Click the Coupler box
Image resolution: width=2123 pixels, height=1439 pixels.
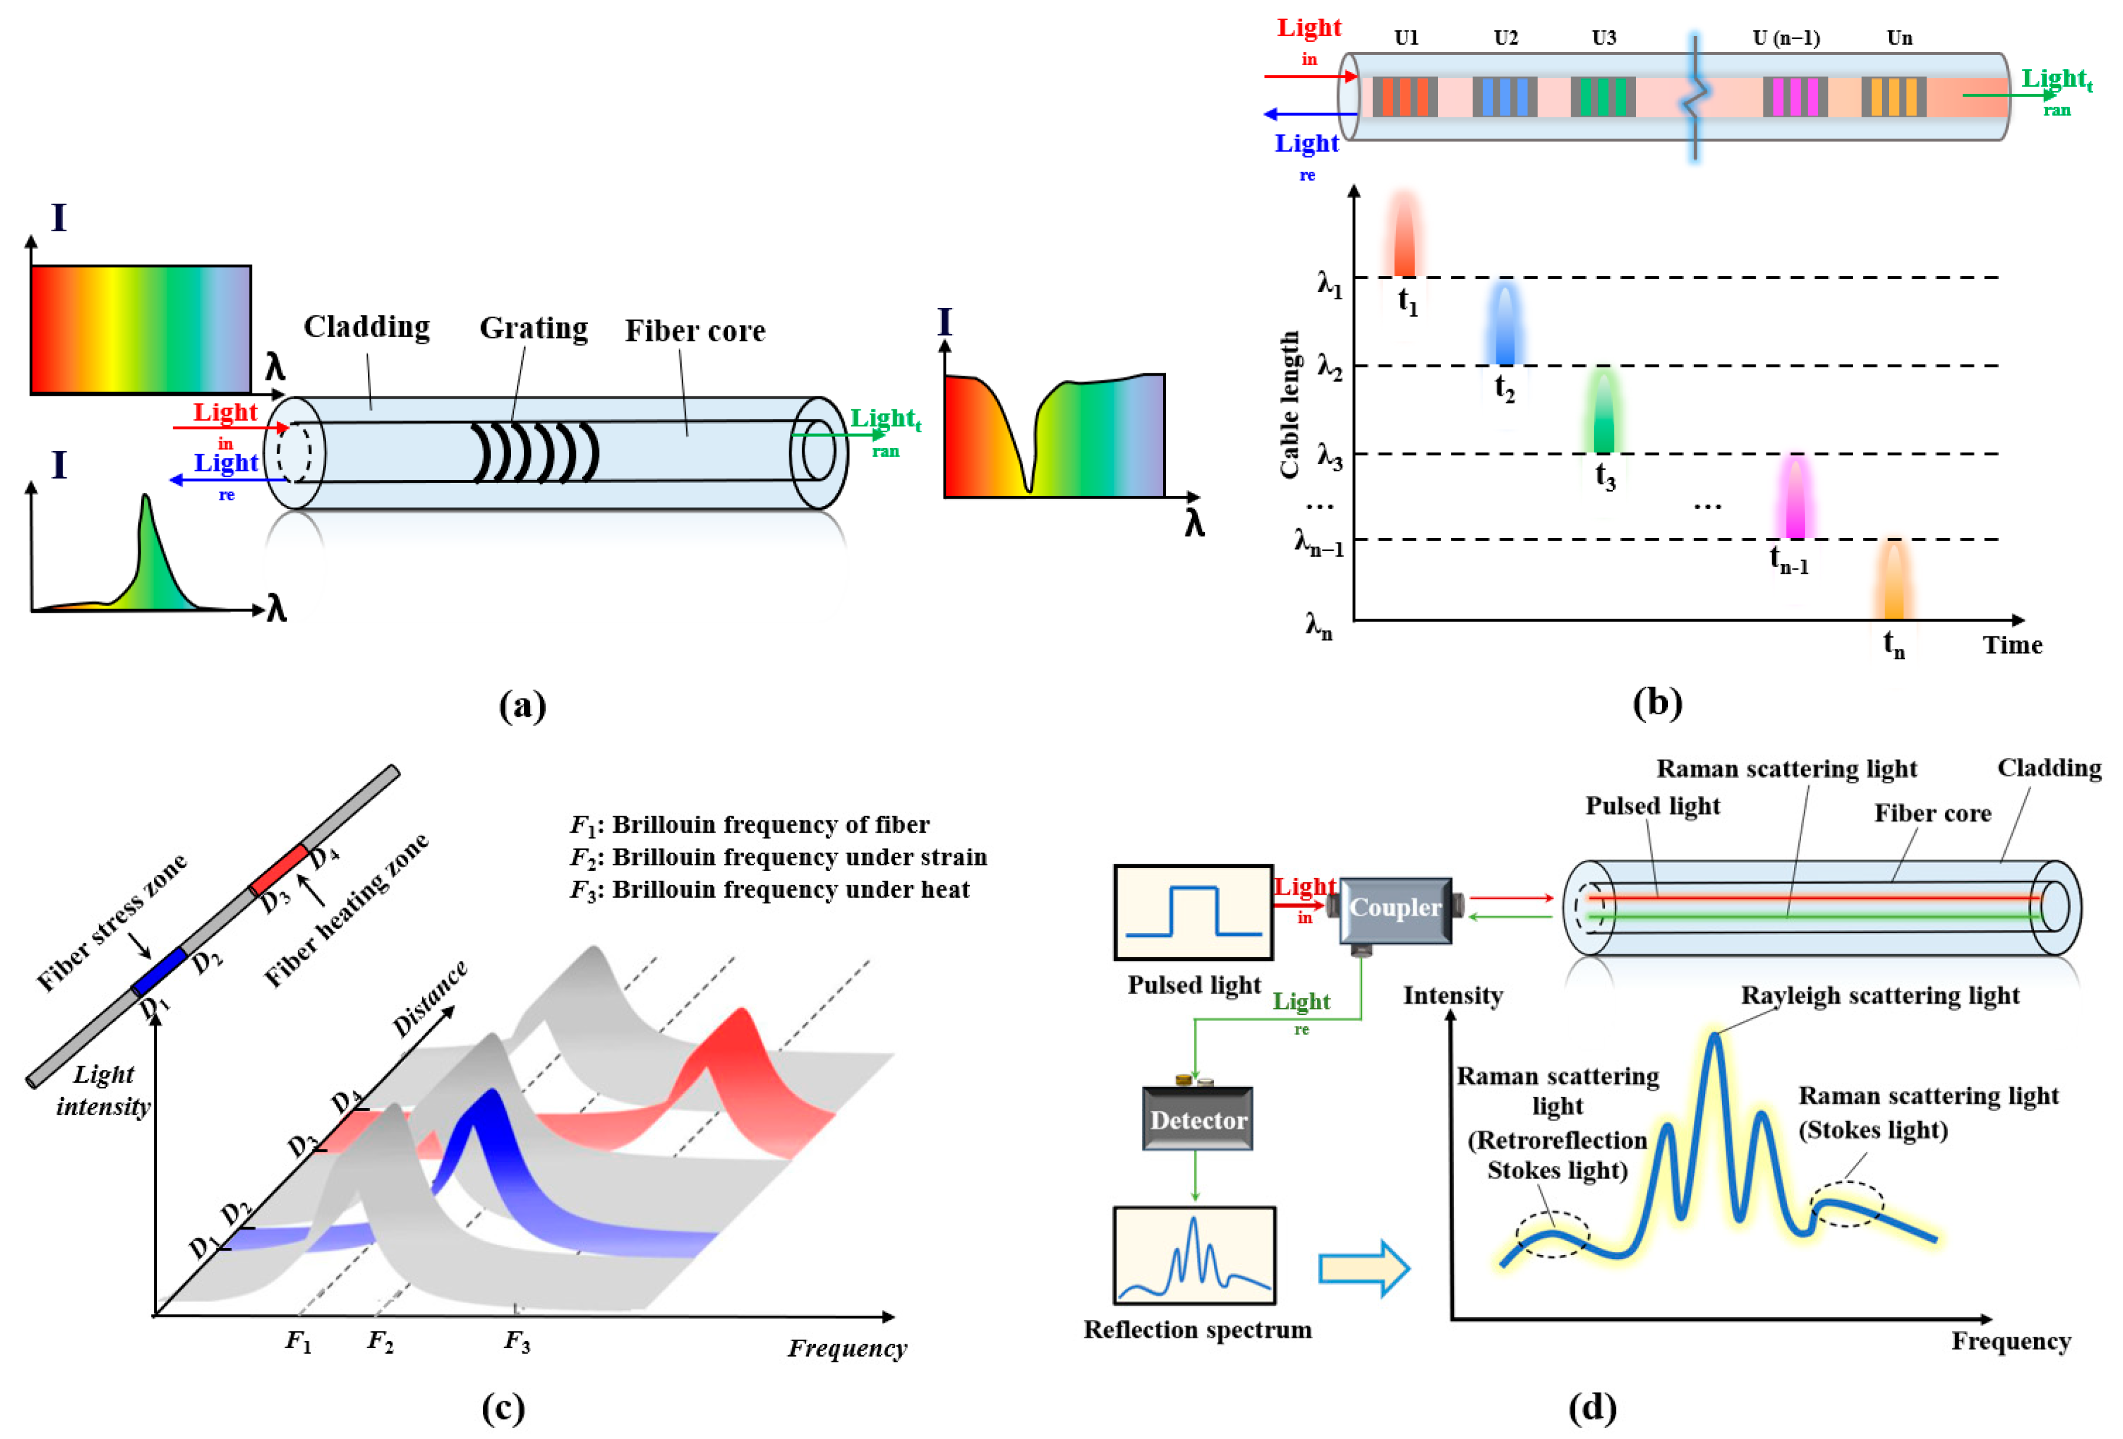tap(1394, 909)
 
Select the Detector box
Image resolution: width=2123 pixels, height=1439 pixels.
tap(1197, 1119)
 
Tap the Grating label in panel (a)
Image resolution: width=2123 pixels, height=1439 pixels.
tap(534, 328)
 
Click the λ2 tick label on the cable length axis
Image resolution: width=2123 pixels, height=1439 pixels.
tap(1329, 368)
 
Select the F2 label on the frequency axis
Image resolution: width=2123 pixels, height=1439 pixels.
tap(380, 1341)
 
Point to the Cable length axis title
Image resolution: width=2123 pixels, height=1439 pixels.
tap(1289, 404)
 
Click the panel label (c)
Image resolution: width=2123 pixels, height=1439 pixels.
tap(502, 1408)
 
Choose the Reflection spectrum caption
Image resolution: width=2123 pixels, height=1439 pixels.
tap(1197, 1329)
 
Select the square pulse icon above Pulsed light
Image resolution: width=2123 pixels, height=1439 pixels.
tap(1193, 912)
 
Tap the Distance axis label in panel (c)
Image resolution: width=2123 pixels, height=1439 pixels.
tap(429, 998)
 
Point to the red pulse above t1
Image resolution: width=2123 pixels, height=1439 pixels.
tap(1404, 236)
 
